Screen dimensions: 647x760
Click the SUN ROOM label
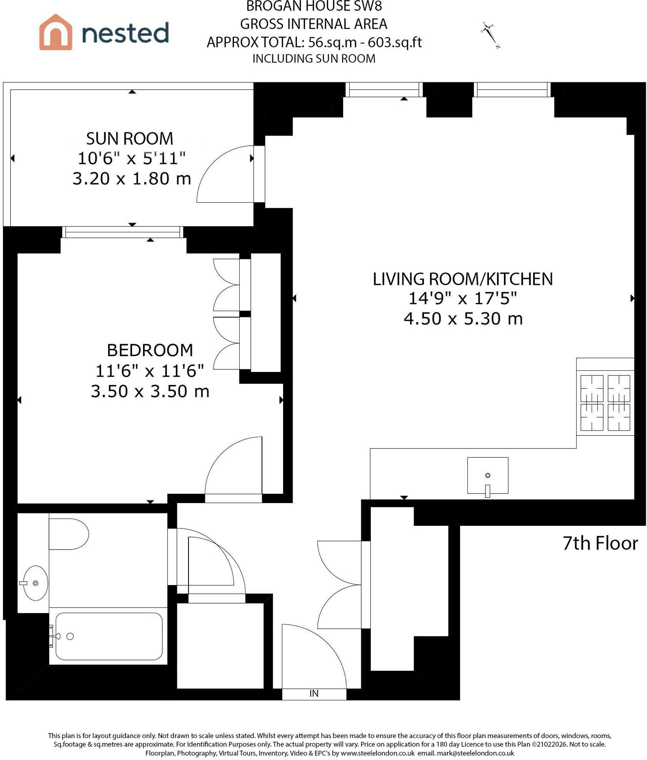coord(130,138)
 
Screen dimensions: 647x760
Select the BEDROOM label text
coord(150,350)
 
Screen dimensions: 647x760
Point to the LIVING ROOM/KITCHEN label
coord(463,279)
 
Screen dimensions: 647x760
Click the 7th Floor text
coord(600,543)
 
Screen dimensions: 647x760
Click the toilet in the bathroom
coord(69,534)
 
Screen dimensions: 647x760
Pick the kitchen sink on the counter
coord(487,476)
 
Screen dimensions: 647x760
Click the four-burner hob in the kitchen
coord(605,403)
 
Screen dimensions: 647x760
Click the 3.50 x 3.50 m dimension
coord(150,392)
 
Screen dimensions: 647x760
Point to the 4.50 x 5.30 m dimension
coord(463,319)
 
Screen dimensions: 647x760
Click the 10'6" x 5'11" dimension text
coord(132,158)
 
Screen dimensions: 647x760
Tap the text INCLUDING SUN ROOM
coord(314,59)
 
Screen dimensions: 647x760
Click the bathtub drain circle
coord(70,637)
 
